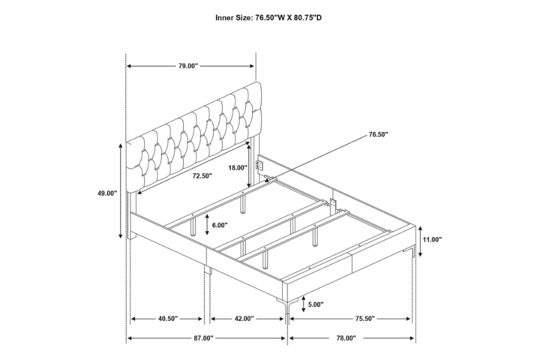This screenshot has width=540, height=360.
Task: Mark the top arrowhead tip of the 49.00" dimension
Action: click(121, 144)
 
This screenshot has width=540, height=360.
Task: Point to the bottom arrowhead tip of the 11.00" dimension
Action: click(420, 257)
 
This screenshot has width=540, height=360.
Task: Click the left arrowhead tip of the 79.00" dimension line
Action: click(127, 66)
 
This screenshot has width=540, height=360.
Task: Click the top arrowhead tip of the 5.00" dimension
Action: click(304, 297)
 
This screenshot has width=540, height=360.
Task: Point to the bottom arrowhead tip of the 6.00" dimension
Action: click(206, 235)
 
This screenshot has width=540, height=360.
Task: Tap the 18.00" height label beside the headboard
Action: click(238, 168)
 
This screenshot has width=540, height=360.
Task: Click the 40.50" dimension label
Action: click(168, 319)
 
